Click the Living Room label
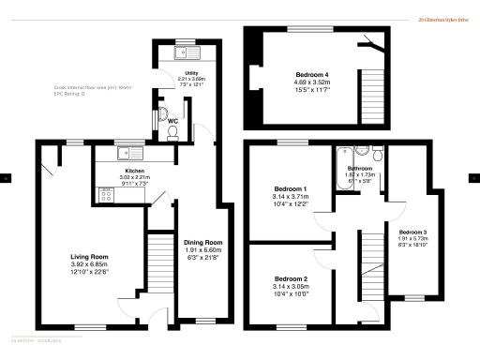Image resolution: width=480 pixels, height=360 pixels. coord(90,256)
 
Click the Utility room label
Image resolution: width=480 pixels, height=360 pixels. coord(190,72)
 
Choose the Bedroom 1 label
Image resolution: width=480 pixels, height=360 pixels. coord(291,189)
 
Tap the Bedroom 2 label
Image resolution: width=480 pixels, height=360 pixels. coord(291,278)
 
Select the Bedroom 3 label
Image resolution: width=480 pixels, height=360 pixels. coord(412,232)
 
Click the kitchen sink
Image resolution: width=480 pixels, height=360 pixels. coord(127,152)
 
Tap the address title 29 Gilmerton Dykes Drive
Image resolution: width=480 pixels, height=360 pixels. coord(443,17)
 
